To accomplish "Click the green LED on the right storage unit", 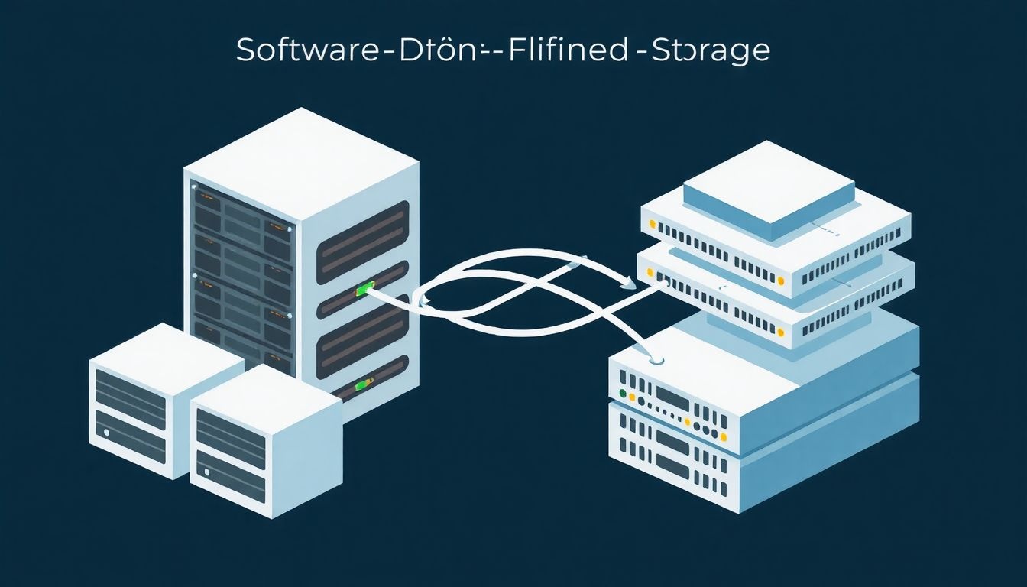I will coord(624,394).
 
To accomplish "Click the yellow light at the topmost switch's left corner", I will coord(652,225).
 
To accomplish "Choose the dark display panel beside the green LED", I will coord(672,397).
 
